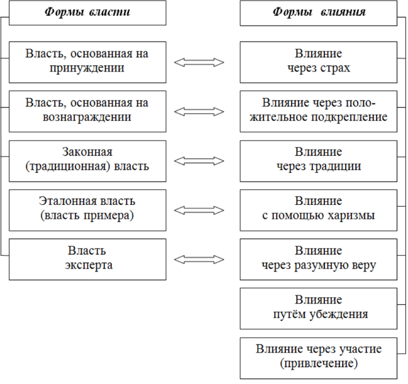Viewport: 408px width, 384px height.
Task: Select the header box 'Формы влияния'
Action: (319, 13)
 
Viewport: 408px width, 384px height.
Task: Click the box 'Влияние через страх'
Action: (319, 61)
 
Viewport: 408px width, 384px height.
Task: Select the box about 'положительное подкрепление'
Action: (319, 110)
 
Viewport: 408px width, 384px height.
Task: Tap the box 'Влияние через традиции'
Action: (319, 160)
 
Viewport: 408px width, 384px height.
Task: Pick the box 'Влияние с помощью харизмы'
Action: (319, 209)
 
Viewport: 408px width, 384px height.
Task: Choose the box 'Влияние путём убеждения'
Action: (319, 307)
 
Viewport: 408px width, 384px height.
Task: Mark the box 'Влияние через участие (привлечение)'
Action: (319, 356)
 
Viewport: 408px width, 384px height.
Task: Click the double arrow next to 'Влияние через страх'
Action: (199, 62)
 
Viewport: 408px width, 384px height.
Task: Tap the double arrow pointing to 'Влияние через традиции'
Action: (199, 160)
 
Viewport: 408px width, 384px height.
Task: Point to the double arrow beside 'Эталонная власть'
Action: (199, 209)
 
